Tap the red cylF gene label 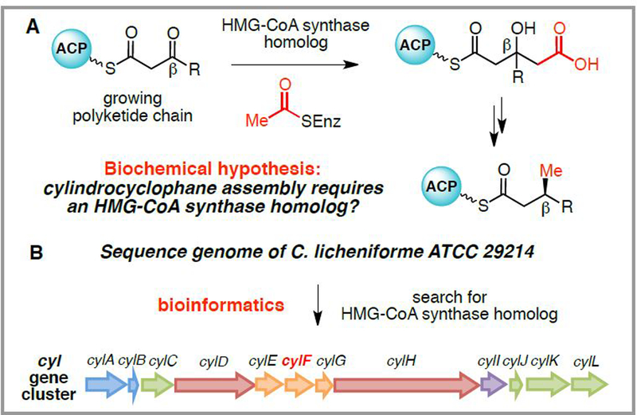[297, 360]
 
